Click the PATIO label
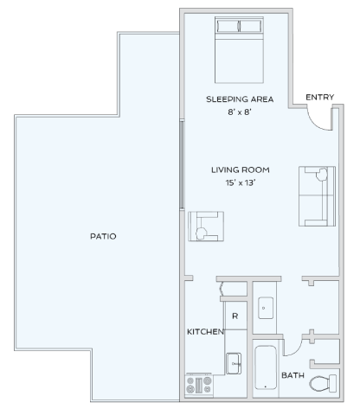(103, 235)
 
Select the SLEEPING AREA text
(240, 99)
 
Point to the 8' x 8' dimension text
(240, 112)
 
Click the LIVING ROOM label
(240, 169)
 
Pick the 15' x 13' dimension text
(240, 182)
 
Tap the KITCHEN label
(205, 331)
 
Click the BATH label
(292, 374)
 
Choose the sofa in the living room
(317, 195)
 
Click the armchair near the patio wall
(205, 227)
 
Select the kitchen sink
(234, 363)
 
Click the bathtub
(266, 367)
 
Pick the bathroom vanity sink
(265, 306)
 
